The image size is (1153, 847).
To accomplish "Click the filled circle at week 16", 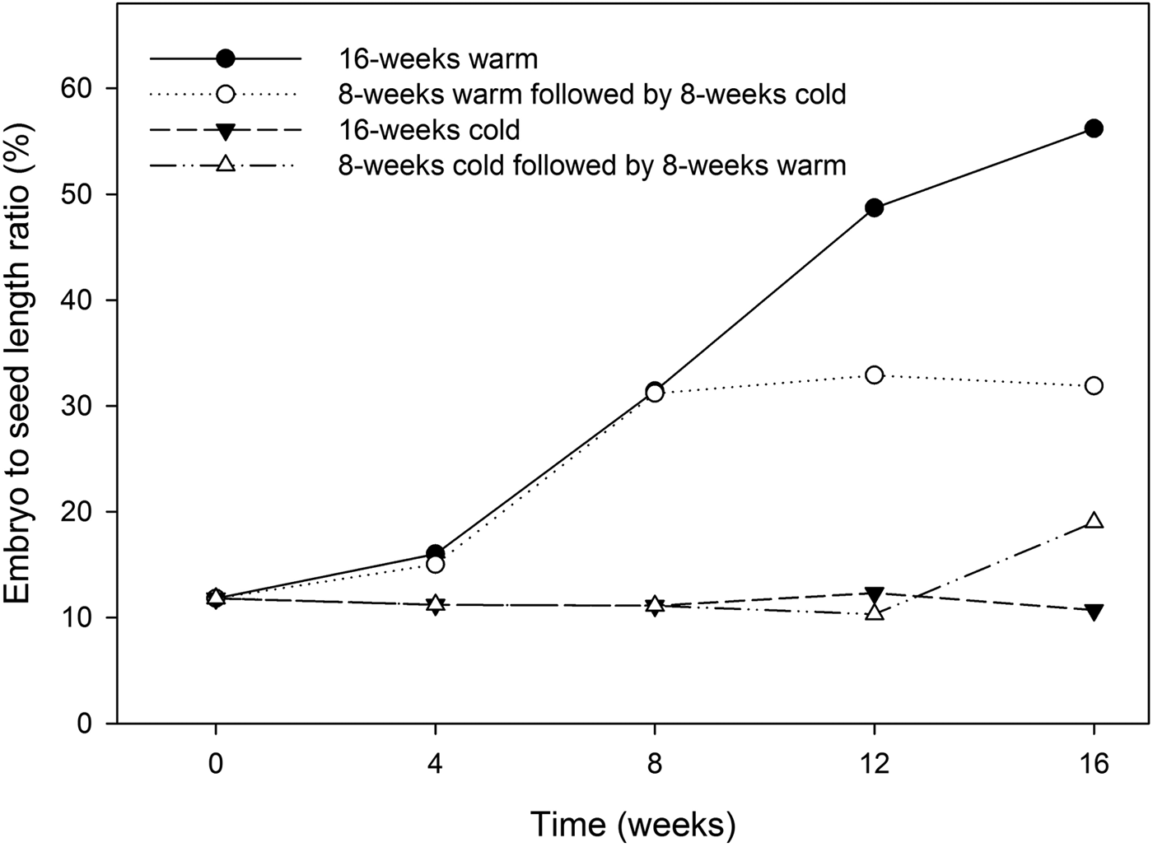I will (x=1094, y=128).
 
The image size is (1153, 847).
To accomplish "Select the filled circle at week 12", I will (x=875, y=207).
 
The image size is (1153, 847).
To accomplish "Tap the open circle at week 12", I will (x=875, y=375).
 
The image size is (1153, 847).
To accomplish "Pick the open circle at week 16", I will (x=1094, y=385).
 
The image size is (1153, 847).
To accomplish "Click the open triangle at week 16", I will (x=1094, y=521).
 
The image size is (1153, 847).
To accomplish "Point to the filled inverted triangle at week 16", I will (x=1094, y=612).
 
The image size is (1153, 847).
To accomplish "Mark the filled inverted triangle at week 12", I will (x=875, y=594).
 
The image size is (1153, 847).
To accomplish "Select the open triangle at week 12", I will (x=875, y=612).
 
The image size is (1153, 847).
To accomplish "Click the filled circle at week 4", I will (x=436, y=553).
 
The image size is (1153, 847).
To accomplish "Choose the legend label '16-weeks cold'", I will (x=428, y=130).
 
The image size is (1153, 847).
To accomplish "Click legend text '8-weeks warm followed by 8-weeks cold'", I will (x=591, y=95).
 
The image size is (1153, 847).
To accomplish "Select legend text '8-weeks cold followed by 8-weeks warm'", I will (x=591, y=165).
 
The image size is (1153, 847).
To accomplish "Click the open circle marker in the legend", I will (x=225, y=94).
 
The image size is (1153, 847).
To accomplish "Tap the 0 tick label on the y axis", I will (x=86, y=724).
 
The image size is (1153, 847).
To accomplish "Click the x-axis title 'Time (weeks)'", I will (x=633, y=823).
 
